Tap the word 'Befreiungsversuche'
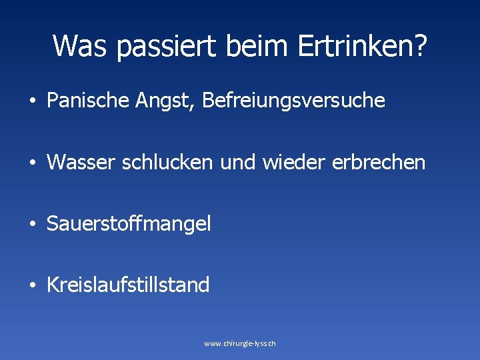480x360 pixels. [293, 101]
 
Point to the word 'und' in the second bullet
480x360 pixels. [241, 162]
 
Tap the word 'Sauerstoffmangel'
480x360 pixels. [129, 224]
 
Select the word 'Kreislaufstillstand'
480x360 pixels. [128, 285]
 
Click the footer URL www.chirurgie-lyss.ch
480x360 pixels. [240, 343]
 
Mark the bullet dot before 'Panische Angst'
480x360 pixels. [32, 102]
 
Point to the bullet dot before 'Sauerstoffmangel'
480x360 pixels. [32, 225]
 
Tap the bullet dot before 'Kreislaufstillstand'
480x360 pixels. [32, 286]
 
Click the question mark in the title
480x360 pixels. [421, 45]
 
